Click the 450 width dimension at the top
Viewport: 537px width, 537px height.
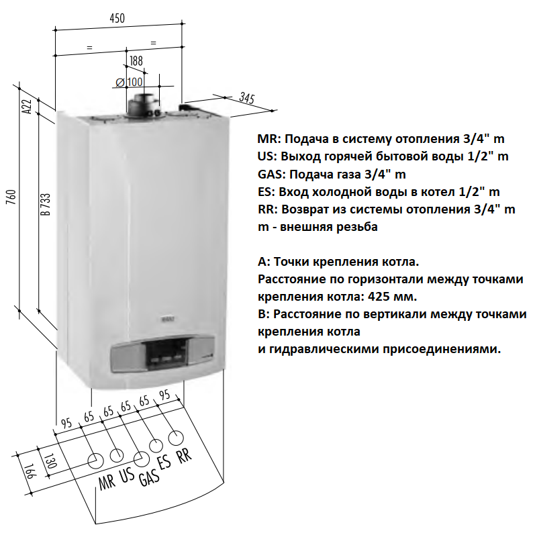(x=117, y=18)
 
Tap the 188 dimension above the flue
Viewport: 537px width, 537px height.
(x=136, y=61)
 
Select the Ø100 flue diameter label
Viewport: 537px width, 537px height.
(x=130, y=82)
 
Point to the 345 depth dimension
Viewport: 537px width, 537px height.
(x=247, y=98)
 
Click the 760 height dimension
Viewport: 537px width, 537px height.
(x=11, y=197)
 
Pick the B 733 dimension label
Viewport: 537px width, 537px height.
(x=45, y=205)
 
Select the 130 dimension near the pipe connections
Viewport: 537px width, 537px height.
(x=50, y=460)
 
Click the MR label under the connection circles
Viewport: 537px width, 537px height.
(x=107, y=482)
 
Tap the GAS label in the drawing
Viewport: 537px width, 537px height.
(x=149, y=477)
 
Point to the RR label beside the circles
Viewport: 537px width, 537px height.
(x=184, y=456)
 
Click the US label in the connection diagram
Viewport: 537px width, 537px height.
(x=127, y=475)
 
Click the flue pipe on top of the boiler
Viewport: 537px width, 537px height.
(x=144, y=105)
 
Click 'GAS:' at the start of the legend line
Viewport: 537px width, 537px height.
(x=272, y=175)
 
